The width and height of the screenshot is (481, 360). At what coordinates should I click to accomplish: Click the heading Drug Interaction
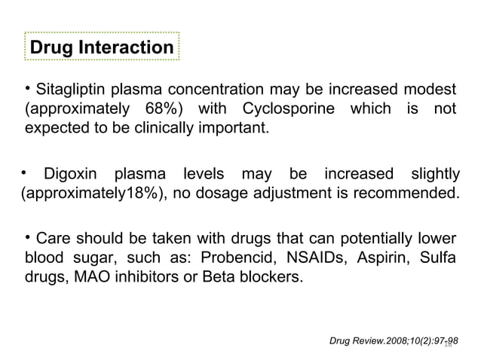pos(101,48)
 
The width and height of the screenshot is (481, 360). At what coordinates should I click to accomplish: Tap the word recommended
pos(412,196)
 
